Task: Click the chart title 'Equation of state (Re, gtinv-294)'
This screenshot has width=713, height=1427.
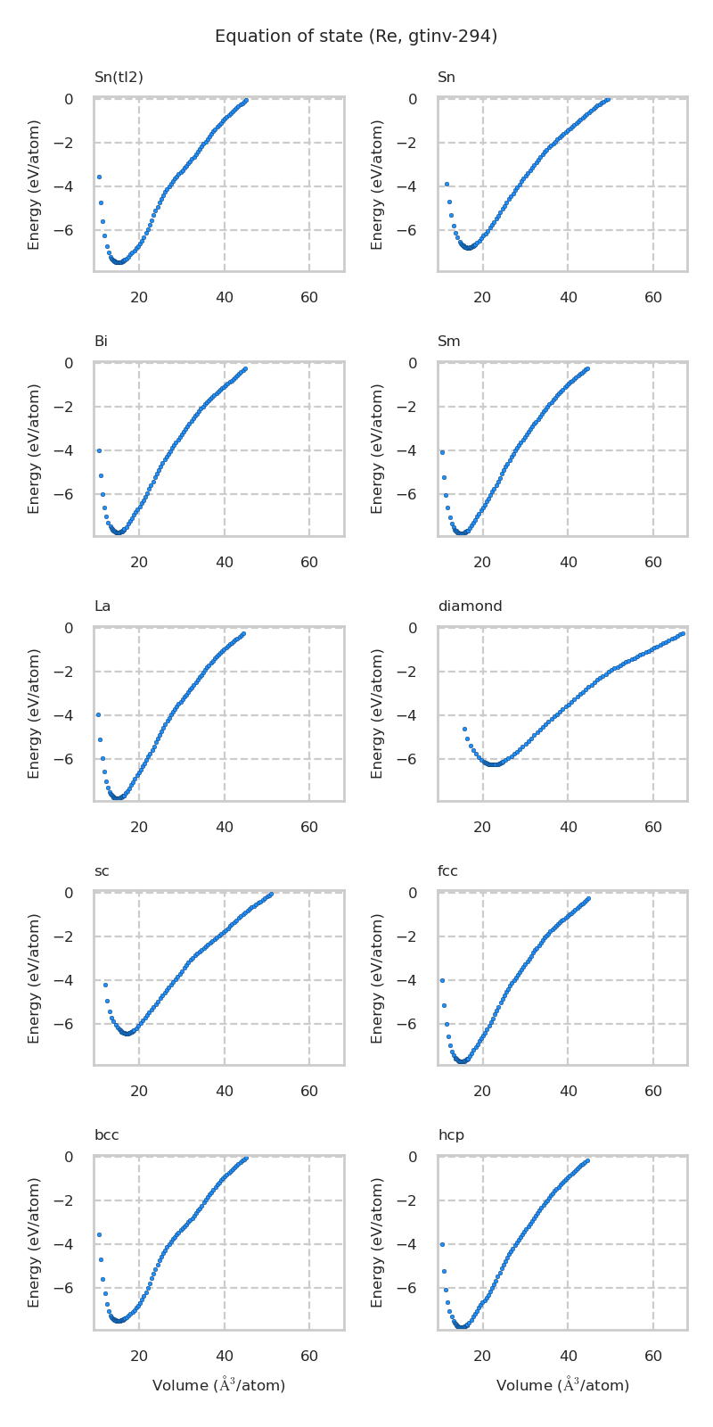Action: (x=356, y=37)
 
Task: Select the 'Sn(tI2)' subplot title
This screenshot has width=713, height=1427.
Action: (x=119, y=78)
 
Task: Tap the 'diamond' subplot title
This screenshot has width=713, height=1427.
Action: (x=470, y=606)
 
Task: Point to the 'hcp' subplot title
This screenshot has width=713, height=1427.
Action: (x=451, y=1135)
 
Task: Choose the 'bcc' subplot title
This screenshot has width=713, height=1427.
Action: (x=107, y=1135)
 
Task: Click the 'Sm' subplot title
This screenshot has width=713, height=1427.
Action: (x=449, y=342)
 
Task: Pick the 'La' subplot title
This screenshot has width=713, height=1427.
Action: (x=102, y=606)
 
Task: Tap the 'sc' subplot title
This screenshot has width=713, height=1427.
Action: (x=102, y=871)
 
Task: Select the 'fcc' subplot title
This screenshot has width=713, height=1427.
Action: (x=447, y=871)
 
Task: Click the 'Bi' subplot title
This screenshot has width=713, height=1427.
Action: (x=101, y=342)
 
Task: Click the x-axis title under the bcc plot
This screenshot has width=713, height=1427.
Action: (x=218, y=1385)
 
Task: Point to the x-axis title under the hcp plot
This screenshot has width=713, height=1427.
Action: (x=562, y=1385)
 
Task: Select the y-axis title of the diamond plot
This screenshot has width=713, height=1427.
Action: (x=378, y=713)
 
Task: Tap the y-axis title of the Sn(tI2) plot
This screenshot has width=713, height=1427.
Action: (x=34, y=185)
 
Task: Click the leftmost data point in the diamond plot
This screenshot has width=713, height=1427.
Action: (x=464, y=729)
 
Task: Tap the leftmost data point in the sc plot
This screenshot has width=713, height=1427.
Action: (x=105, y=985)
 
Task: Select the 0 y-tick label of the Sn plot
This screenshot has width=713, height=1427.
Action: (x=413, y=99)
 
